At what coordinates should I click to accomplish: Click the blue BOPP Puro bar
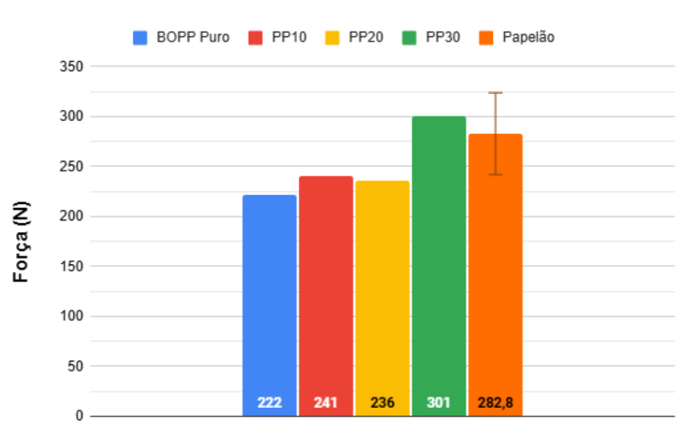[270, 300]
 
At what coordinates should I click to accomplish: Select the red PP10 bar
[325, 291]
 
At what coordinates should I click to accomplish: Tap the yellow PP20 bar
[382, 293]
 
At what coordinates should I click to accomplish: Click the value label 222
[270, 402]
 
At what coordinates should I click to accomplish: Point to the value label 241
[325, 402]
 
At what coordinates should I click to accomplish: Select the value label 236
[382, 402]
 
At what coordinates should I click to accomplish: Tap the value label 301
[438, 402]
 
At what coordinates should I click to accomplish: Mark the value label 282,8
[495, 402]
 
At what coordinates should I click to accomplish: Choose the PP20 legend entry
[355, 37]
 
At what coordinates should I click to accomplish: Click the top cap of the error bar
[495, 93]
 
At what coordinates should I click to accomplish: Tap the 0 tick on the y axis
[79, 416]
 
